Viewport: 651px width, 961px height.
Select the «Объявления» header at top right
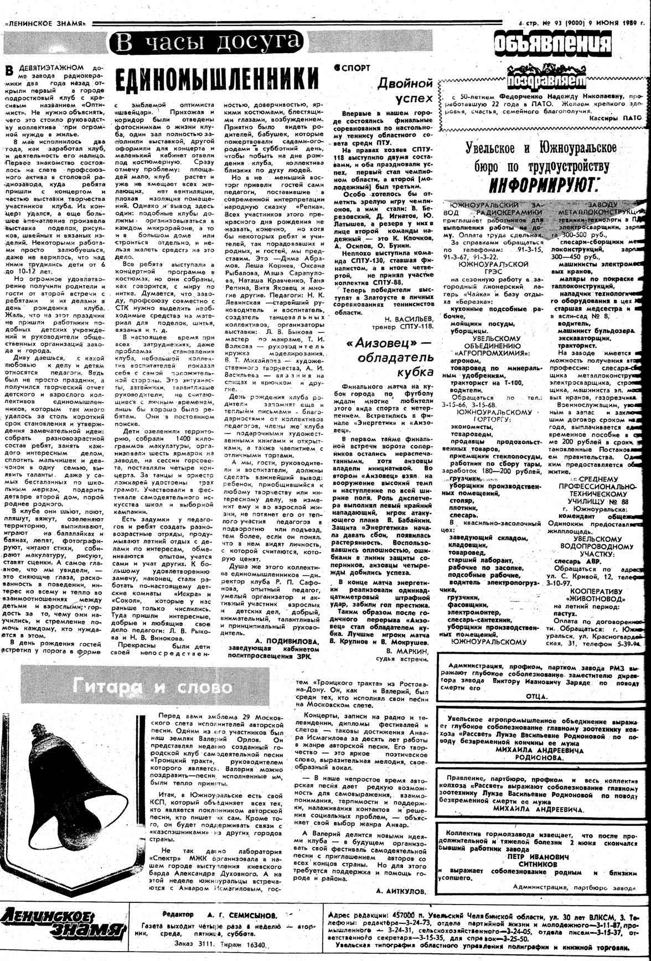552,44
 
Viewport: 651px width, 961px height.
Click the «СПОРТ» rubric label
353,68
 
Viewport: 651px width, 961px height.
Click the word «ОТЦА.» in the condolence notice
535,696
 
